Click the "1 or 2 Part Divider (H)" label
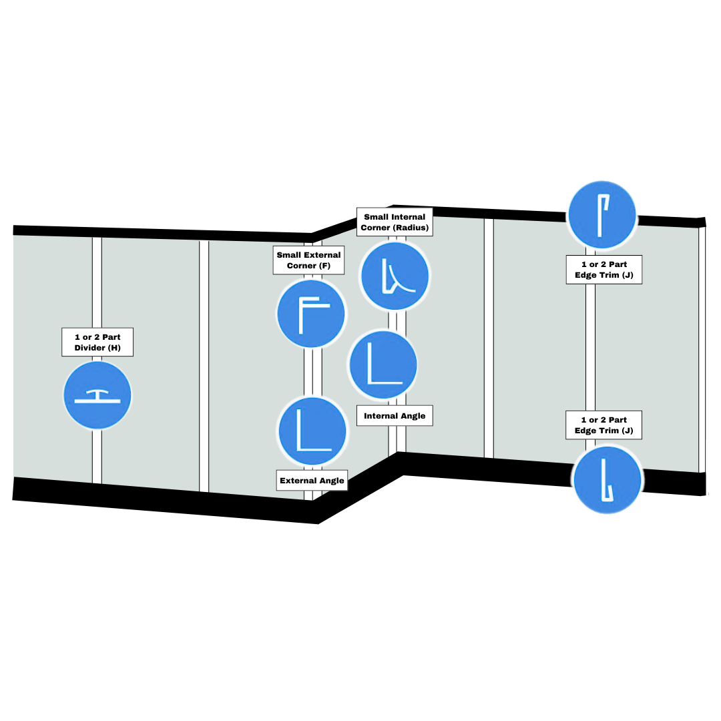(97, 342)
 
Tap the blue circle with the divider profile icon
(97, 395)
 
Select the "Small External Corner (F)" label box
(308, 260)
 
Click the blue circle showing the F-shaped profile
(311, 313)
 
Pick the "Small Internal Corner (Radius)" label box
(395, 222)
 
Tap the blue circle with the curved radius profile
(395, 276)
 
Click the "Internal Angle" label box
(395, 416)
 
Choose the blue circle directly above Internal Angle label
(383, 365)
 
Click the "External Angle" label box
(312, 481)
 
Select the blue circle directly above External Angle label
(312, 431)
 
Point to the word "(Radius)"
(411, 228)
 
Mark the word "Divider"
(89, 347)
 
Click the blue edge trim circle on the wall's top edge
(602, 216)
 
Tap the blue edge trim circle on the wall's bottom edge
(607, 480)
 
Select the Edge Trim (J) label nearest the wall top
(604, 270)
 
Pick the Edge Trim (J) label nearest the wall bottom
(604, 425)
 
